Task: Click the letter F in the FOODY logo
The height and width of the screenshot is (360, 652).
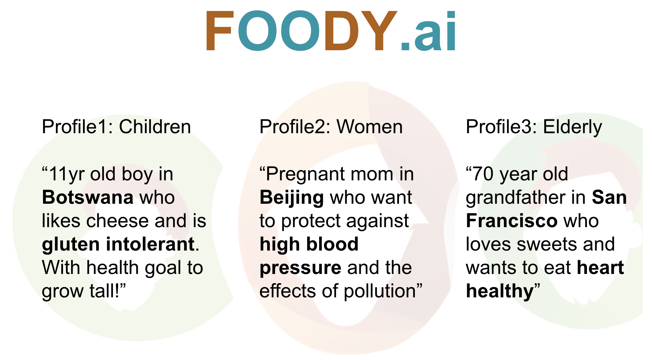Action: [x=219, y=32]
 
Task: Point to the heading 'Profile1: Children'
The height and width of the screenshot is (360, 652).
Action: [x=116, y=127]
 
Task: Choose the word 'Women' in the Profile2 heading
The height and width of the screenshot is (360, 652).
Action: [x=369, y=127]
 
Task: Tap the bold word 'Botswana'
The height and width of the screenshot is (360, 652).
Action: [x=88, y=198]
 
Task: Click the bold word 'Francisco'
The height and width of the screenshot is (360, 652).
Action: [x=512, y=221]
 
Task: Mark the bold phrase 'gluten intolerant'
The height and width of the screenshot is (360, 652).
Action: [x=118, y=244]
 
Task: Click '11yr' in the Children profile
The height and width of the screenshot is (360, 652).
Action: [x=67, y=174]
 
